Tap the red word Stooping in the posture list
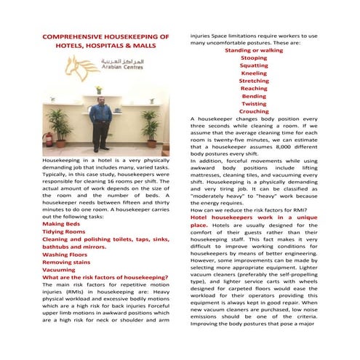pos(254,57)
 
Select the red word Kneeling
pos(254,73)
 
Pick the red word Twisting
pos(254,103)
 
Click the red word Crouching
pos(254,111)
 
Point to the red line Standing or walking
pos(254,50)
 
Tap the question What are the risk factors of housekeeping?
pos(106,276)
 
